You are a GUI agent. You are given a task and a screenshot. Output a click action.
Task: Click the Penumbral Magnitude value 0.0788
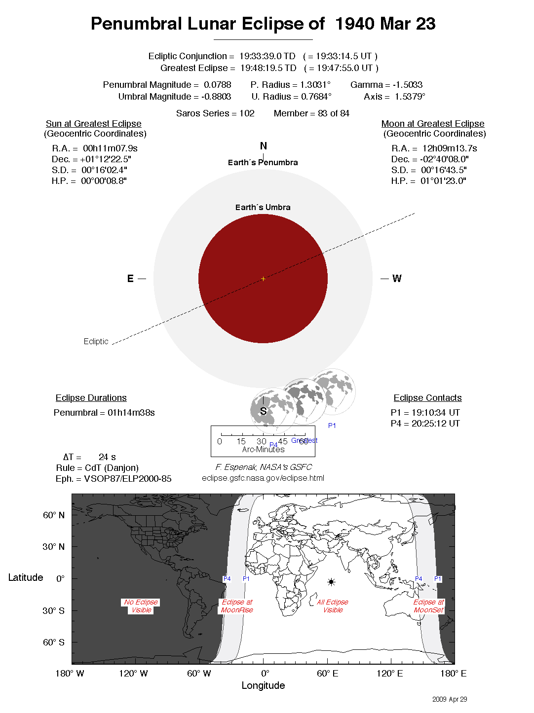point(217,85)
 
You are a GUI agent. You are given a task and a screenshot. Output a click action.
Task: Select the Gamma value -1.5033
point(407,85)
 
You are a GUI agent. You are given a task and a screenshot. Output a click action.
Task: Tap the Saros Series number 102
point(247,113)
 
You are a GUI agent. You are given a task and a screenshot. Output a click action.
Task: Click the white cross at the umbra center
point(263,279)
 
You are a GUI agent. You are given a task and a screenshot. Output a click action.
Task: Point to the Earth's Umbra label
point(263,208)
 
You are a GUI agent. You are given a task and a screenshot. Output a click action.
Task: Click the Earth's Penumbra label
point(263,163)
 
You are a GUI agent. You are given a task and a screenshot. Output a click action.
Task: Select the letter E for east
point(130,279)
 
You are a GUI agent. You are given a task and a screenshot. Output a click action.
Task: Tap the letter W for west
point(397,279)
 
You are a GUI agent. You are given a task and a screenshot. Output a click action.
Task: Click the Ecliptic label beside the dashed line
point(96,341)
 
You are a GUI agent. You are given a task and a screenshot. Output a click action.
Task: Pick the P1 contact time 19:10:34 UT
point(432,413)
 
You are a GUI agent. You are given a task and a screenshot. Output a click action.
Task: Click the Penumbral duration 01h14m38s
point(131,413)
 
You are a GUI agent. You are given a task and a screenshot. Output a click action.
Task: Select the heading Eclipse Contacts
point(427,398)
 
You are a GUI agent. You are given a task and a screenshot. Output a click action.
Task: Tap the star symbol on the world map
point(331,582)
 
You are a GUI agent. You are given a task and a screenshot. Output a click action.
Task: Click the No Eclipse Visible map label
point(141,606)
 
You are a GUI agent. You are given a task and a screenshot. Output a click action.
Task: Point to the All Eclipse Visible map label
point(333,606)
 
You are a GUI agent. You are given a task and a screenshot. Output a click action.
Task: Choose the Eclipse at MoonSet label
point(428,606)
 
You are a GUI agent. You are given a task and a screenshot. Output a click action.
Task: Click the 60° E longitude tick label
point(327,674)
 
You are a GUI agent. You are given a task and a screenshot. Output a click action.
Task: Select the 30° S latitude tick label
point(53,610)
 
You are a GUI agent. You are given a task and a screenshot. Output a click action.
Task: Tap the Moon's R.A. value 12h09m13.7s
point(449,148)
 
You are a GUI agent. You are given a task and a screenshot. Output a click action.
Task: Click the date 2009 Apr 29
point(449,699)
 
